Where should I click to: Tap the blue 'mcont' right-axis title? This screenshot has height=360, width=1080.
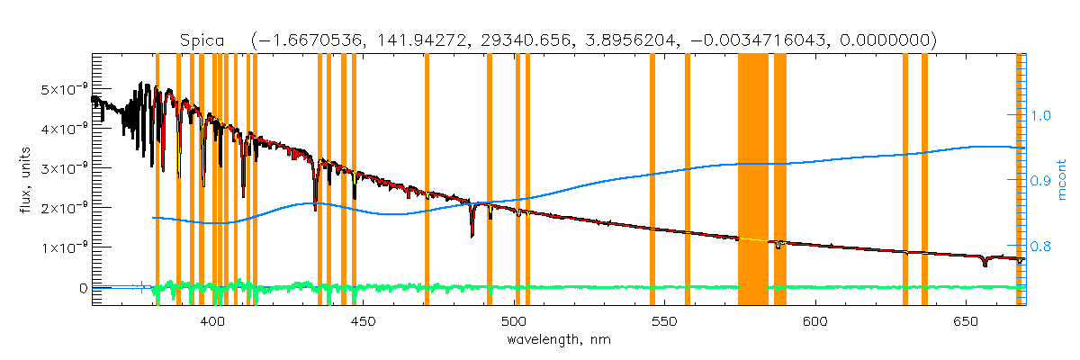click(1062, 180)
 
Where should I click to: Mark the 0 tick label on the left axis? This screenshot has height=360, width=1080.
click(82, 287)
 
